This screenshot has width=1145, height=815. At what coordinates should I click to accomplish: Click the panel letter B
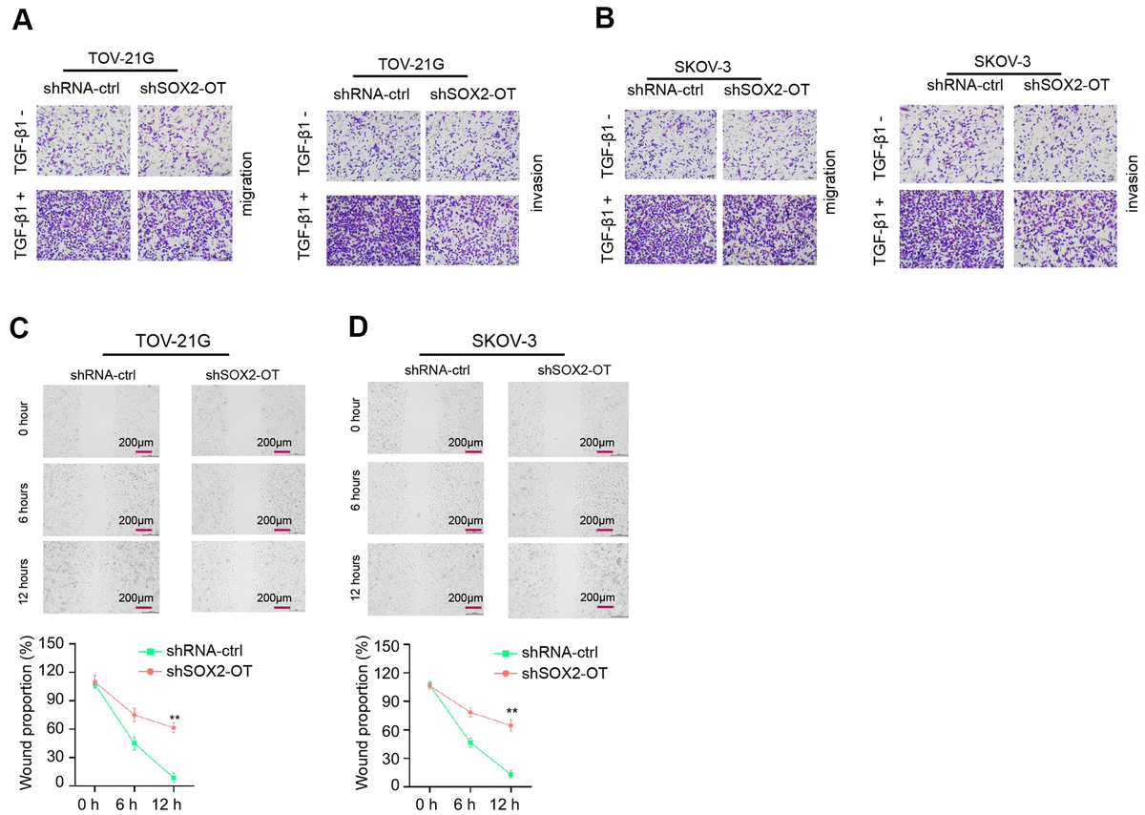pyautogui.click(x=605, y=21)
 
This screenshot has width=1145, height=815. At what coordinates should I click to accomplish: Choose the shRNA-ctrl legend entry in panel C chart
pyautogui.click(x=203, y=652)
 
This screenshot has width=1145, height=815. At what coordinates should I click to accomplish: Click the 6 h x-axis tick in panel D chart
pyautogui.click(x=469, y=805)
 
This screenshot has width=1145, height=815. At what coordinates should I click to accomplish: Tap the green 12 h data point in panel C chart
pyautogui.click(x=174, y=778)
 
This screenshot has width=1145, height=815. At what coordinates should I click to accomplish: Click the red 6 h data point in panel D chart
pyautogui.click(x=469, y=712)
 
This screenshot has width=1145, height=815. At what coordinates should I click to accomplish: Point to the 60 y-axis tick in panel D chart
pyautogui.click(x=389, y=729)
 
